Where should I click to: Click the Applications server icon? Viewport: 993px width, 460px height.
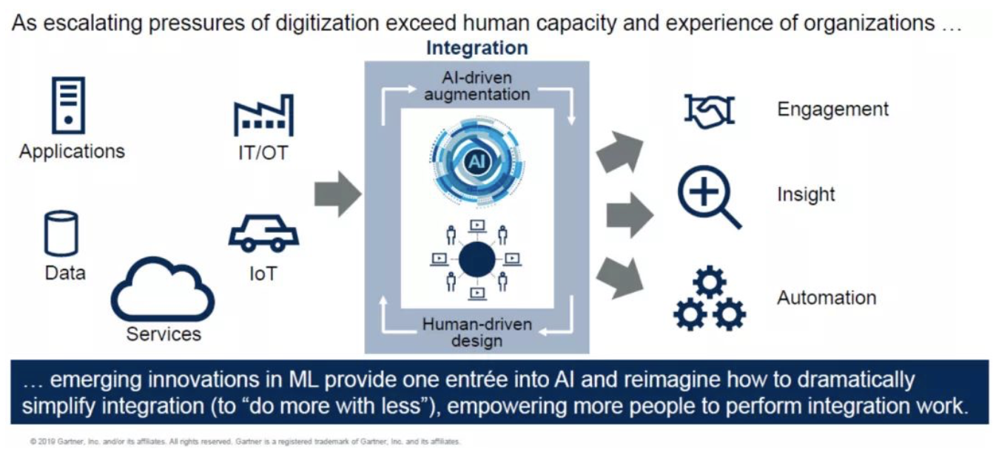67,104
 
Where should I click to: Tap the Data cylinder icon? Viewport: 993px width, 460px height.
61,233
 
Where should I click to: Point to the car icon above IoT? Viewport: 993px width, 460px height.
263,234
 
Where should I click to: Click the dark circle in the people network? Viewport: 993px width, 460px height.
477,260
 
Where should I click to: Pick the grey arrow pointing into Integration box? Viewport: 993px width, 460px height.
337,194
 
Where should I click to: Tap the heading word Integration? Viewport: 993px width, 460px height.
477,48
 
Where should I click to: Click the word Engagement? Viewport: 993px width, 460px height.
832,109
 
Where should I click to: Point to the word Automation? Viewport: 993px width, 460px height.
826,298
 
